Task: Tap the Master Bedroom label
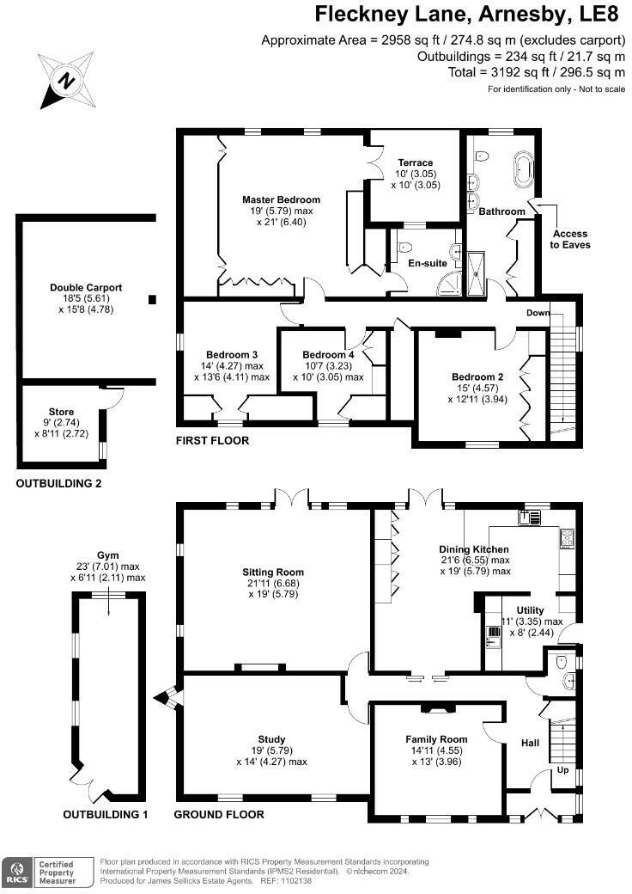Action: (x=281, y=199)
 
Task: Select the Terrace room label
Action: (x=415, y=162)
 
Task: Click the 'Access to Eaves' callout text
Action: (x=571, y=238)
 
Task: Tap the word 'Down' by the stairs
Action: (x=538, y=313)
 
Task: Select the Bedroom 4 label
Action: (x=328, y=355)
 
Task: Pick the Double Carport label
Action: (x=85, y=288)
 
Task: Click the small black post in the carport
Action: (x=152, y=299)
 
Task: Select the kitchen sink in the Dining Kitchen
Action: (x=530, y=517)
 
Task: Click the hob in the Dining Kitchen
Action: (x=567, y=539)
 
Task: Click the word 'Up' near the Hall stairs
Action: (x=562, y=770)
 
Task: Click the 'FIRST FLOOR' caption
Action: (x=211, y=441)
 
